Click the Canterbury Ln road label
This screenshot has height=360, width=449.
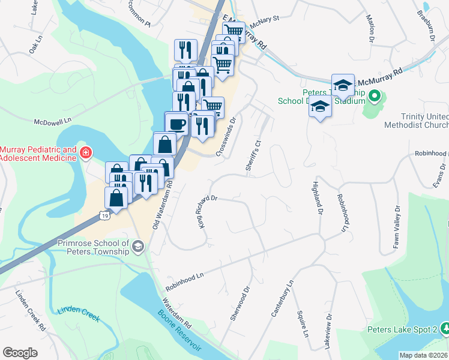click(x=282, y=298)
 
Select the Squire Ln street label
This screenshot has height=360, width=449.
click(x=303, y=324)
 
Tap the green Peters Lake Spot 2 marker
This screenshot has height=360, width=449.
click(x=445, y=328)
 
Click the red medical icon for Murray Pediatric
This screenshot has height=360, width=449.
click(x=86, y=153)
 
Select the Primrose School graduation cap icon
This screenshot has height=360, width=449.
click(x=138, y=247)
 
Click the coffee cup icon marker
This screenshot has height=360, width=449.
click(x=176, y=123)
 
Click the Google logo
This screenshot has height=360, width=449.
click(x=20, y=353)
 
